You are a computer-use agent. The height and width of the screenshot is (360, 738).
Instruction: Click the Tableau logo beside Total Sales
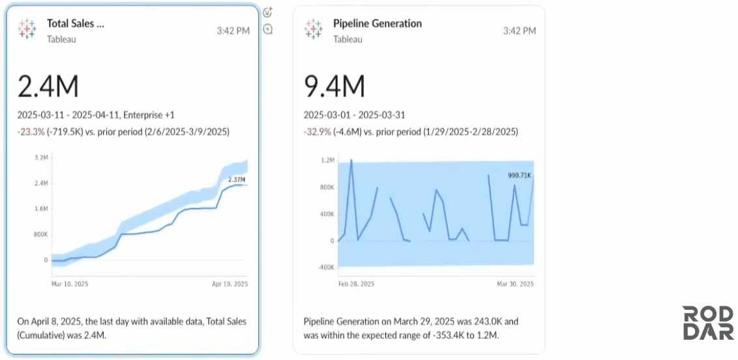[27, 29]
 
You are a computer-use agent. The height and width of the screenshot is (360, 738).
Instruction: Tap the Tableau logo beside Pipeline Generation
[313, 29]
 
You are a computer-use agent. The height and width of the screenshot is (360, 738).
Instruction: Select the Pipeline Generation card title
[377, 23]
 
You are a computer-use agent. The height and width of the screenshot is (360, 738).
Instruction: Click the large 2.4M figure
[48, 87]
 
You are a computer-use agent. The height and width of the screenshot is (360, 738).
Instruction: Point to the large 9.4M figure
[334, 87]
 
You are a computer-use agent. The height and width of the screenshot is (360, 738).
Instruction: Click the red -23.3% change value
[31, 132]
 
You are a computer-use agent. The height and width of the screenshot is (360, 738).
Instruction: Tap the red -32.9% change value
[317, 132]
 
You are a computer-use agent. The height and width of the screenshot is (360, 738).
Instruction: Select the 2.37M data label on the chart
[237, 179]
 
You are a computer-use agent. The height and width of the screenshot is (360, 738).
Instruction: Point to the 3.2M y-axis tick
[41, 158]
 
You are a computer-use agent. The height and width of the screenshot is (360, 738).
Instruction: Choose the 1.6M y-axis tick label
[41, 209]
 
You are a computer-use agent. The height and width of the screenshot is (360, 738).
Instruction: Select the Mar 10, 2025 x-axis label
[70, 284]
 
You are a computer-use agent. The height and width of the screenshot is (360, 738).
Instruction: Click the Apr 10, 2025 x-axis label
[229, 284]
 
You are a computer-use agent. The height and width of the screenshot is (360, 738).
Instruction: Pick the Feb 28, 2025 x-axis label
[357, 284]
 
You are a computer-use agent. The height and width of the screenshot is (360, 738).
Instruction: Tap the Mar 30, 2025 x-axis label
[515, 284]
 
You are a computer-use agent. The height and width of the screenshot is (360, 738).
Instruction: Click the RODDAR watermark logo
[708, 323]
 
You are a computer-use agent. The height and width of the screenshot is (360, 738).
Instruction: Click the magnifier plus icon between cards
[268, 29]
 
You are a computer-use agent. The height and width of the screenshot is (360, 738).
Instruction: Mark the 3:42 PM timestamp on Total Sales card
[233, 31]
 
